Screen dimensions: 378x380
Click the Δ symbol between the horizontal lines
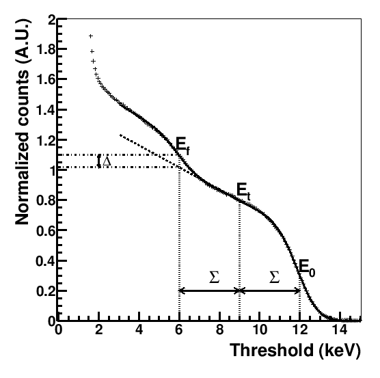coord(107,161)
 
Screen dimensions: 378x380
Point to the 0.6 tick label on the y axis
coord(44,230)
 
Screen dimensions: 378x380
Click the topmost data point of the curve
coord(90,36)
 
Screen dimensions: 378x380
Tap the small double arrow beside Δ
coord(99,161)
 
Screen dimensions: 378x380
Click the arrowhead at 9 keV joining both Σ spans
coord(239,291)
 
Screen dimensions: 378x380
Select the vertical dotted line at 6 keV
coord(179,239)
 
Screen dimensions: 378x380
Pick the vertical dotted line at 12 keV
coord(299,301)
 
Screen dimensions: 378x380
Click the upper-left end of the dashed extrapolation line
coord(120,135)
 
